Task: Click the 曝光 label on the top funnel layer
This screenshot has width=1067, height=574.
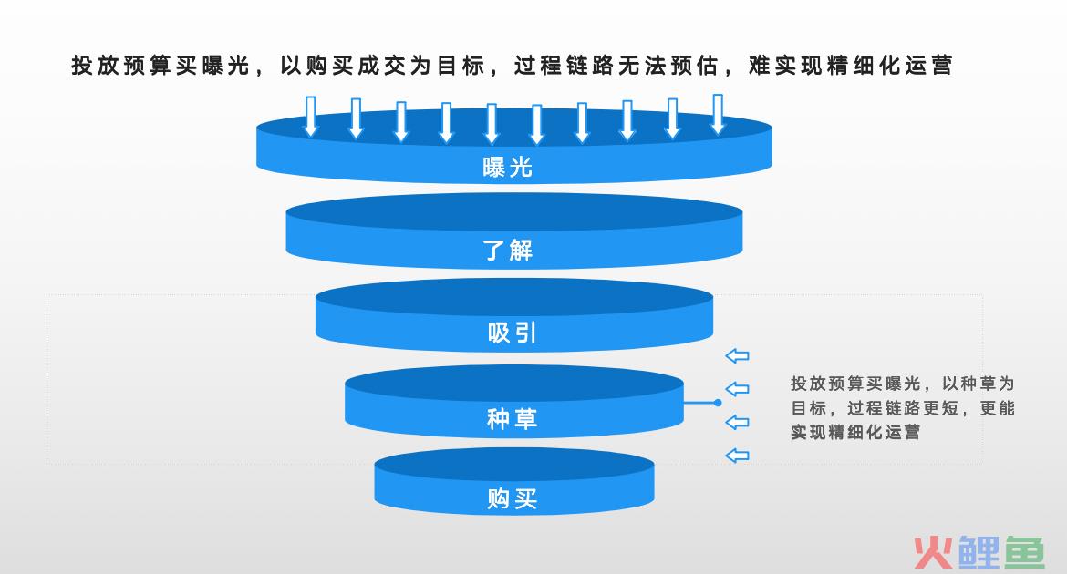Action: (x=508, y=167)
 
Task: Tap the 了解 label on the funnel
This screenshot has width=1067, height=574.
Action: (x=508, y=251)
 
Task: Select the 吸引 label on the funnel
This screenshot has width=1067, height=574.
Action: (x=512, y=333)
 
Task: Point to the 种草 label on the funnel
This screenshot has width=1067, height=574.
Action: (x=512, y=418)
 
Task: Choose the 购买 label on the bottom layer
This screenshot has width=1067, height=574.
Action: (x=512, y=498)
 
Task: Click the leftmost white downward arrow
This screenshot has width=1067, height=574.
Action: (x=310, y=117)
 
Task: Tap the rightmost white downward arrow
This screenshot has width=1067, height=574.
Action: (x=718, y=114)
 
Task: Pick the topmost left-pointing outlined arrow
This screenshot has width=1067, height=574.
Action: (x=737, y=355)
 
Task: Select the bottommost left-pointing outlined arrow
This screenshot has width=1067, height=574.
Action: (x=737, y=455)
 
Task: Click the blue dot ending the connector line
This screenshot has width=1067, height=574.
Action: (x=717, y=403)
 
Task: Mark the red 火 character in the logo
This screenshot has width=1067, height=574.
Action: (x=934, y=551)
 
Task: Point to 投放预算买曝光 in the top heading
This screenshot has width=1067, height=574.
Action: (x=161, y=66)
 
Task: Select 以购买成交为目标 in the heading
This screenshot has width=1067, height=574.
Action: (x=382, y=66)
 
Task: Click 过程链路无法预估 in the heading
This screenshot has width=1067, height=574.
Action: (x=616, y=66)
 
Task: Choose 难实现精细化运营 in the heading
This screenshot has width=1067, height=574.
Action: (x=850, y=66)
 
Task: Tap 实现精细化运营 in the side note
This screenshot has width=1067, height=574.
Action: (x=855, y=432)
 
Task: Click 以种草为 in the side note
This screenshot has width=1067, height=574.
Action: (x=978, y=384)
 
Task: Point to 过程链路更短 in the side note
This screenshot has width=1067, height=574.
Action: (x=902, y=408)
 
